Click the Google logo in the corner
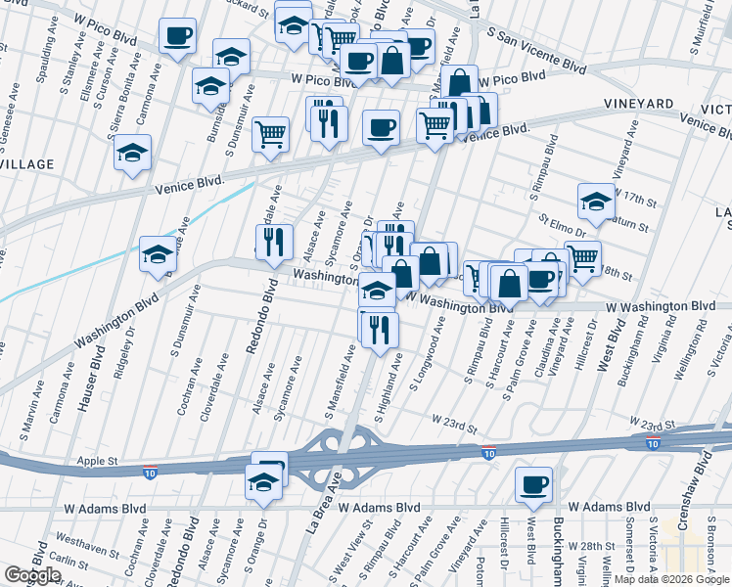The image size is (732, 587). click(32, 575)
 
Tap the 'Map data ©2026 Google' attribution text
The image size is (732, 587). click(671, 579)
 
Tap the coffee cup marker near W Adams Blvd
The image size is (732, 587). click(534, 485)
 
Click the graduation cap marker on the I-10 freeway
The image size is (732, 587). click(262, 482)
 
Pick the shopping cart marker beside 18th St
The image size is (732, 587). click(582, 259)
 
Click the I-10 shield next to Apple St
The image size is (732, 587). click(149, 473)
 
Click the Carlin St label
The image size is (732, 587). click(71, 563)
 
